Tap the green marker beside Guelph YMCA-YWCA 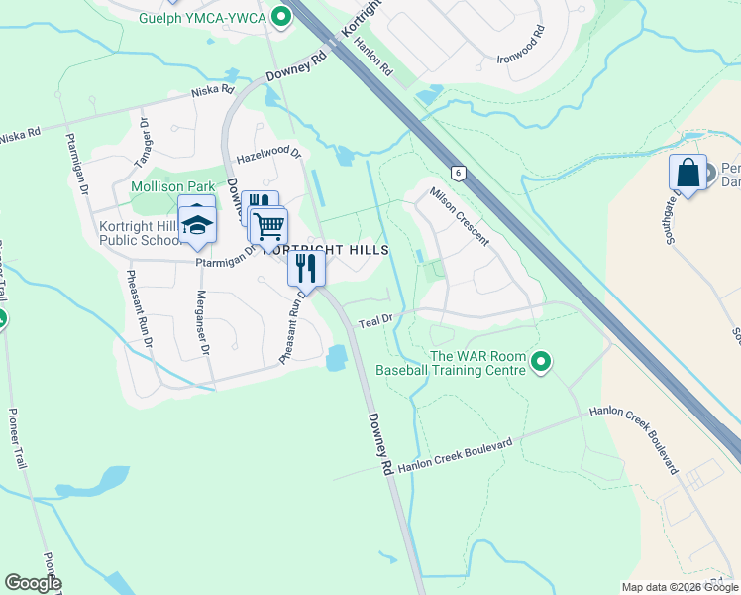(281, 16)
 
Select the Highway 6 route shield (457, 173)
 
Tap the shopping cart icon (268, 226)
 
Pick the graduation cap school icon (197, 223)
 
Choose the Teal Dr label (376, 321)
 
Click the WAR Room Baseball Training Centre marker (540, 363)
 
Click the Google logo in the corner (33, 583)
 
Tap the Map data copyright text (679, 587)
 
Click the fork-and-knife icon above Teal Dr (306, 268)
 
